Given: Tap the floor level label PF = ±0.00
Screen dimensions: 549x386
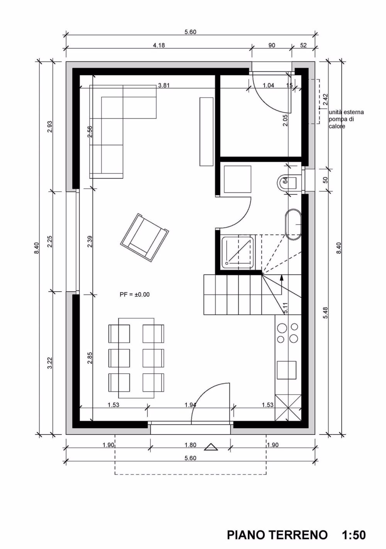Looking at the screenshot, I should [x=134, y=294].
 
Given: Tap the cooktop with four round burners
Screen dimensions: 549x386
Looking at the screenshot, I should [x=287, y=333].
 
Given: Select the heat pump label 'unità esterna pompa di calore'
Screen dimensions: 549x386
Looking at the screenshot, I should [x=345, y=119].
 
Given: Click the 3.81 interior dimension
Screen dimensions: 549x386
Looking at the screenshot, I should [x=164, y=86].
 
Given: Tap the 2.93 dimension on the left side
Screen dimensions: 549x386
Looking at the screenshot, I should [x=49, y=127].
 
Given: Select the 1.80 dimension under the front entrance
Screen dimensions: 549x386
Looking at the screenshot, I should [x=190, y=445].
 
